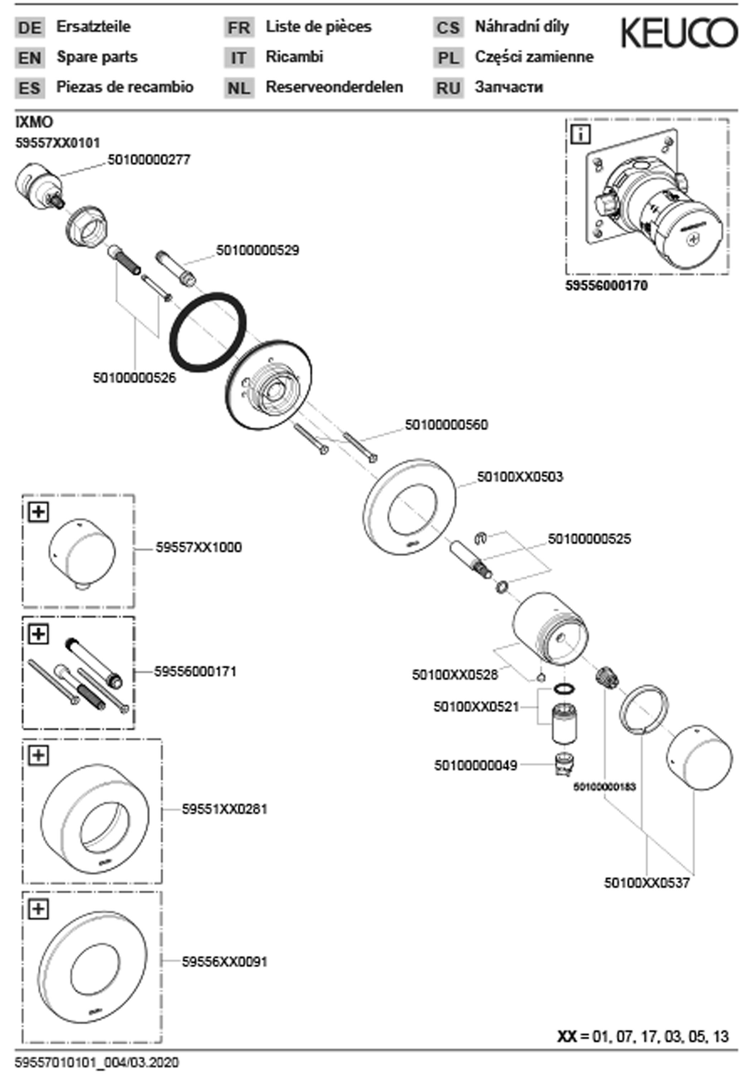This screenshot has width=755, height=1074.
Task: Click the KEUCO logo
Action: pos(679,33)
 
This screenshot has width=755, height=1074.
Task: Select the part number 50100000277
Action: pos(149,160)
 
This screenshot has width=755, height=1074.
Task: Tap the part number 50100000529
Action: pos(257,250)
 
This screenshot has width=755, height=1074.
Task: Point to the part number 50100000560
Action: pos(446,425)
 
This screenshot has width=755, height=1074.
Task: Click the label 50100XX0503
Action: pos(520,477)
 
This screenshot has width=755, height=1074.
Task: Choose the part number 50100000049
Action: pos(476,766)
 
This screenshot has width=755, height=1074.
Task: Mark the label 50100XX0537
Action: pos(647,883)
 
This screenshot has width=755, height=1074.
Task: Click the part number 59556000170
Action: pos(606,286)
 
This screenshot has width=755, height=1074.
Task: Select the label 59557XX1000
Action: pos(199,547)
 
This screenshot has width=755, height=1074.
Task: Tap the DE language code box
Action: pos(30,28)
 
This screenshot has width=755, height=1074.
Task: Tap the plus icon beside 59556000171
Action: pos(38,634)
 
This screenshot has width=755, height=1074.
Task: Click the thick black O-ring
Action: pos(207,332)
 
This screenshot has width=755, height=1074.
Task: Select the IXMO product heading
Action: pos(34,122)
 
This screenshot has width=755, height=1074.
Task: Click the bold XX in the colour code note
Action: pos(567,1036)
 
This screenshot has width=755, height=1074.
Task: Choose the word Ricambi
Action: pos(294,57)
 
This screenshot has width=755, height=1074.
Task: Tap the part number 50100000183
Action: pos(604,787)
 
